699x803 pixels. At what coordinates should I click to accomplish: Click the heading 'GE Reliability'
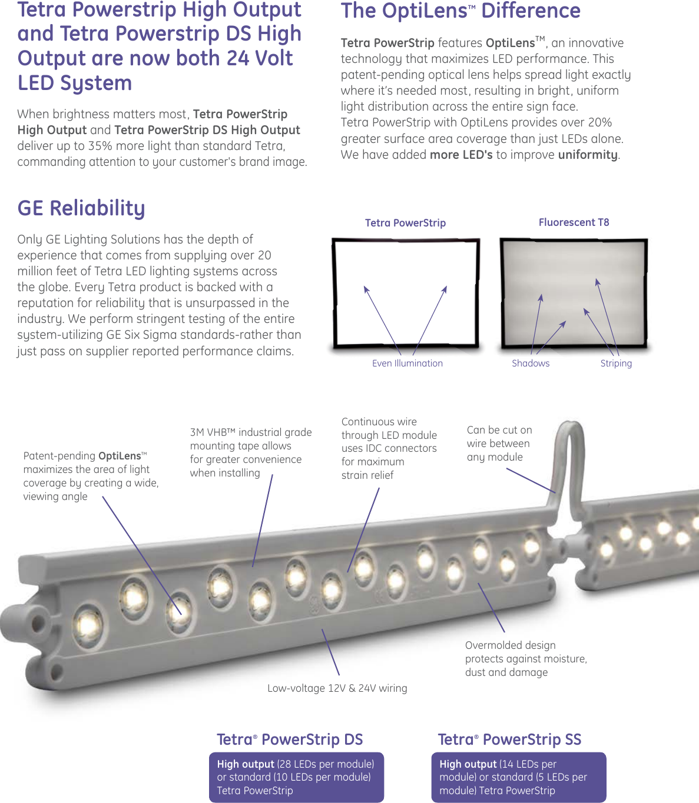click(x=81, y=208)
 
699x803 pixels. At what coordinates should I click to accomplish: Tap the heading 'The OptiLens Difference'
click(x=461, y=11)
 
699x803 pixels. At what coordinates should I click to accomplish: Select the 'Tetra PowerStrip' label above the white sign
click(x=405, y=223)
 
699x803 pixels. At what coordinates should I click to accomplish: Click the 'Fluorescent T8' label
click(x=574, y=222)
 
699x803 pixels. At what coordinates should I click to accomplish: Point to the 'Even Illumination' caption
click(x=407, y=364)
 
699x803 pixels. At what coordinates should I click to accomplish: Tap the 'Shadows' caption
click(x=530, y=364)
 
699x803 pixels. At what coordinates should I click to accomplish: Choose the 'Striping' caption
click(x=615, y=364)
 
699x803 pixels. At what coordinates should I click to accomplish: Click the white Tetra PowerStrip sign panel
click(x=406, y=293)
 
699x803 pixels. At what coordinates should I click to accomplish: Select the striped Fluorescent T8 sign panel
click(x=573, y=293)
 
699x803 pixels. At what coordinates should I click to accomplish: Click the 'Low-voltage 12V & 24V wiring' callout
click(x=337, y=688)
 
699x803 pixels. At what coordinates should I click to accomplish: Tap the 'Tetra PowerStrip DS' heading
click(x=290, y=739)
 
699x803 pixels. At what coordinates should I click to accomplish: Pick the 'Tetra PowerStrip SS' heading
click(x=509, y=739)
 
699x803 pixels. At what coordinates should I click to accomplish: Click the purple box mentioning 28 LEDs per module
click(x=296, y=777)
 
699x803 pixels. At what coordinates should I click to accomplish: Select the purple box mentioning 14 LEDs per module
click(x=518, y=777)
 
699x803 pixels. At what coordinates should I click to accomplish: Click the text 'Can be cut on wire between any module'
click(x=499, y=444)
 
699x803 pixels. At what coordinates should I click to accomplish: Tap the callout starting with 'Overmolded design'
click(x=525, y=659)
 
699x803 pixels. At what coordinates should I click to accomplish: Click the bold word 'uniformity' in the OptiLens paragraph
click(x=588, y=155)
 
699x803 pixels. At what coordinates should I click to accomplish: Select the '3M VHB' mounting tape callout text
click(x=250, y=452)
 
